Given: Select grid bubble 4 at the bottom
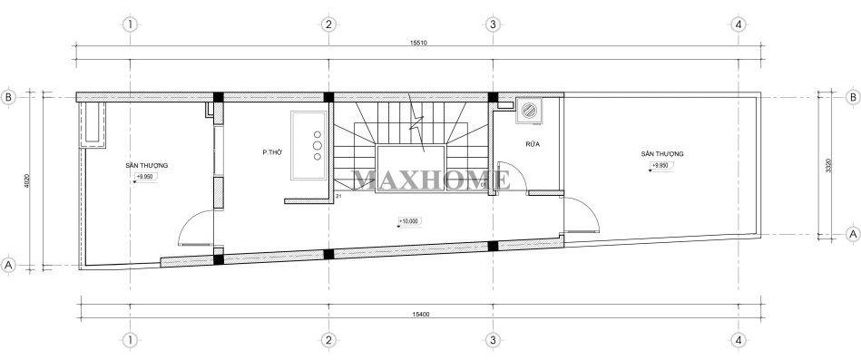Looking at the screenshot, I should pyautogui.click(x=740, y=340).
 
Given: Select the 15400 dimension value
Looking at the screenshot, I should pyautogui.click(x=419, y=313).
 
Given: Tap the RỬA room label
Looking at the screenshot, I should pyautogui.click(x=532, y=144).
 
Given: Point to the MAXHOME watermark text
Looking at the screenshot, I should pyautogui.click(x=431, y=180).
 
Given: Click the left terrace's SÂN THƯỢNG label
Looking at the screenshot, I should pyautogui.click(x=147, y=165).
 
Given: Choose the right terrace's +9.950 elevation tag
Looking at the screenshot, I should pyautogui.click(x=660, y=167).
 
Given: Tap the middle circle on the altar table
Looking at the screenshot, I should pyautogui.click(x=318, y=144).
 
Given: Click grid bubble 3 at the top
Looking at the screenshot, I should pyautogui.click(x=492, y=24).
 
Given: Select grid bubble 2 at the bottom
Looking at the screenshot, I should pyautogui.click(x=328, y=340).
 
